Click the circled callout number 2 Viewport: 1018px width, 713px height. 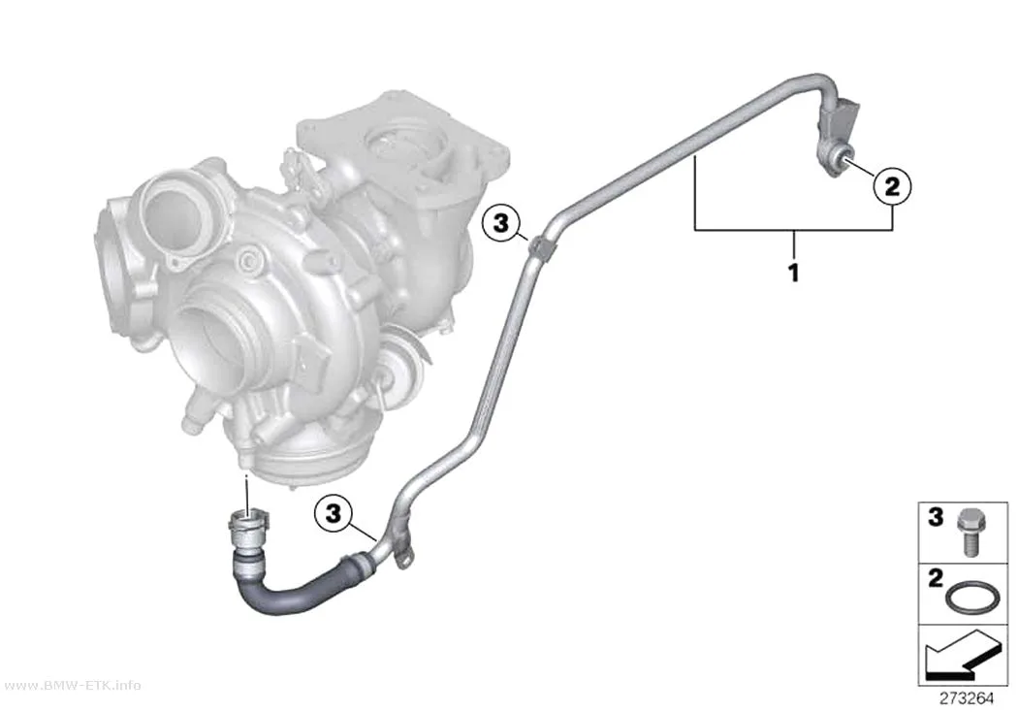click(892, 187)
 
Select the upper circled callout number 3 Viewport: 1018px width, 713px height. click(500, 224)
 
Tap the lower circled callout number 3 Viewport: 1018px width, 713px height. click(334, 513)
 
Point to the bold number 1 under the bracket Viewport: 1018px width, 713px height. click(793, 272)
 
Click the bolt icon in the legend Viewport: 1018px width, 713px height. click(968, 532)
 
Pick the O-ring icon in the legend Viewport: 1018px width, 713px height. click(968, 597)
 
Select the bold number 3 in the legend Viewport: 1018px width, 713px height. click(935, 518)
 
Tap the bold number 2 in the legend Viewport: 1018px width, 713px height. click(935, 578)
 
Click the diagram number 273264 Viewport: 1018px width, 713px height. click(967, 698)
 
